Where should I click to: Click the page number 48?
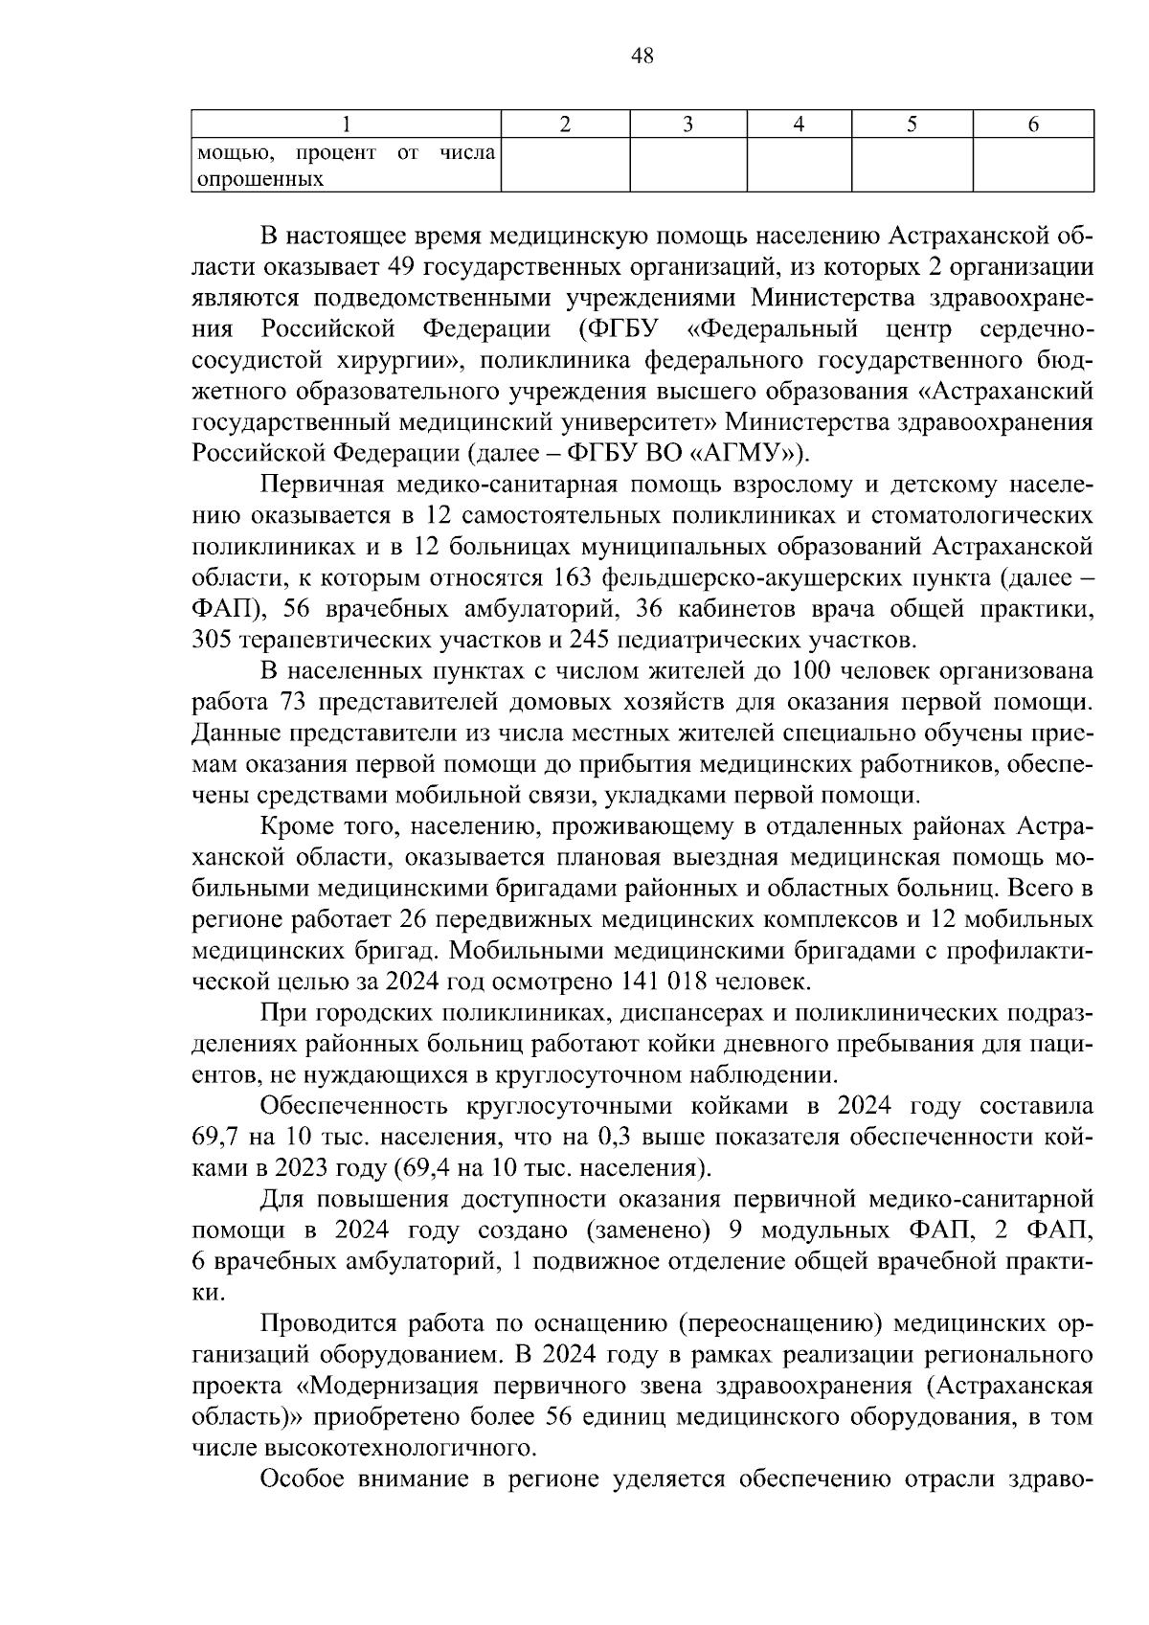click(642, 56)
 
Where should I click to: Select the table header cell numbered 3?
click(687, 124)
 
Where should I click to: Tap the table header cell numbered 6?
click(1033, 124)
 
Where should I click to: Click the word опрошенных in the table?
click(259, 179)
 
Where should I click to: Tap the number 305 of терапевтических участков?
click(212, 639)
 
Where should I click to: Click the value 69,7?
click(215, 1138)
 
